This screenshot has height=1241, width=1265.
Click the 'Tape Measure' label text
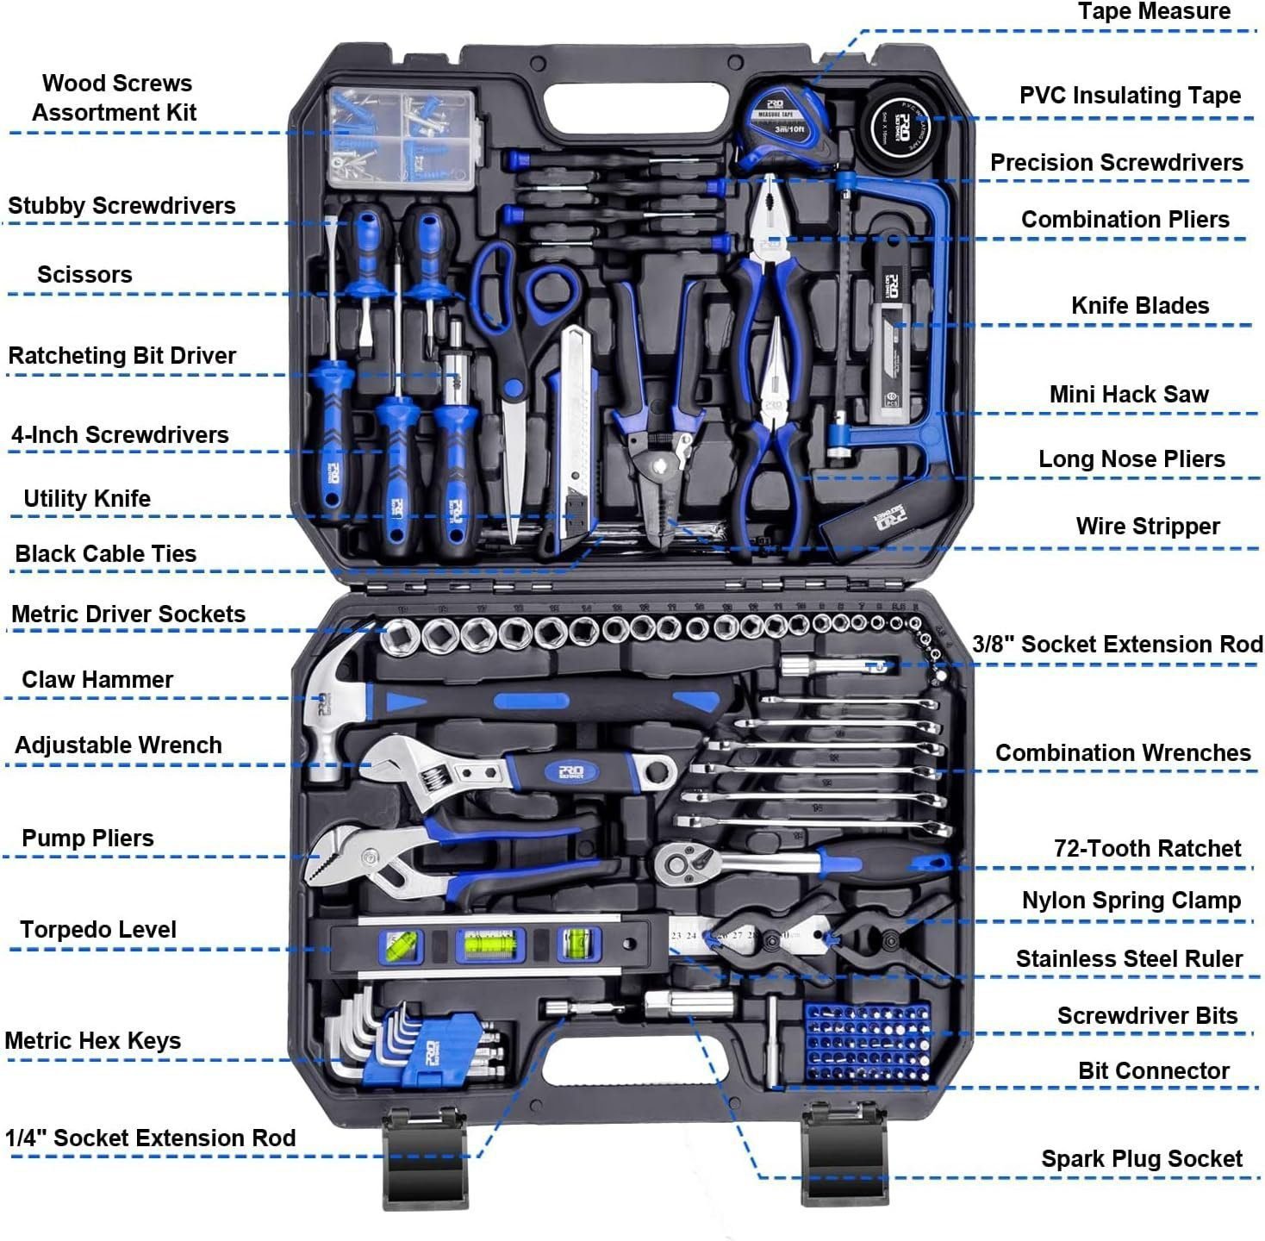click(x=1154, y=12)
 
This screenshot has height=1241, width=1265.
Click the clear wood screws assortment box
click(x=402, y=138)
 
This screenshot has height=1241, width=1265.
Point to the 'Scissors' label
click(x=84, y=275)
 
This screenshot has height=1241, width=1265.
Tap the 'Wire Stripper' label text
click(x=1147, y=527)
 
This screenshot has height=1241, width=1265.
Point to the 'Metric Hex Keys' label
click(x=93, y=1041)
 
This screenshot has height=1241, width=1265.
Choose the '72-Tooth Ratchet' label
click(x=1147, y=849)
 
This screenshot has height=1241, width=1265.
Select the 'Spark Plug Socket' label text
click(x=1142, y=1159)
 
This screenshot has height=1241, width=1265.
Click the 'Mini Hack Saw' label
click(x=1128, y=395)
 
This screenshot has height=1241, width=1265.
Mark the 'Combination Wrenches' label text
click(x=1123, y=753)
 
